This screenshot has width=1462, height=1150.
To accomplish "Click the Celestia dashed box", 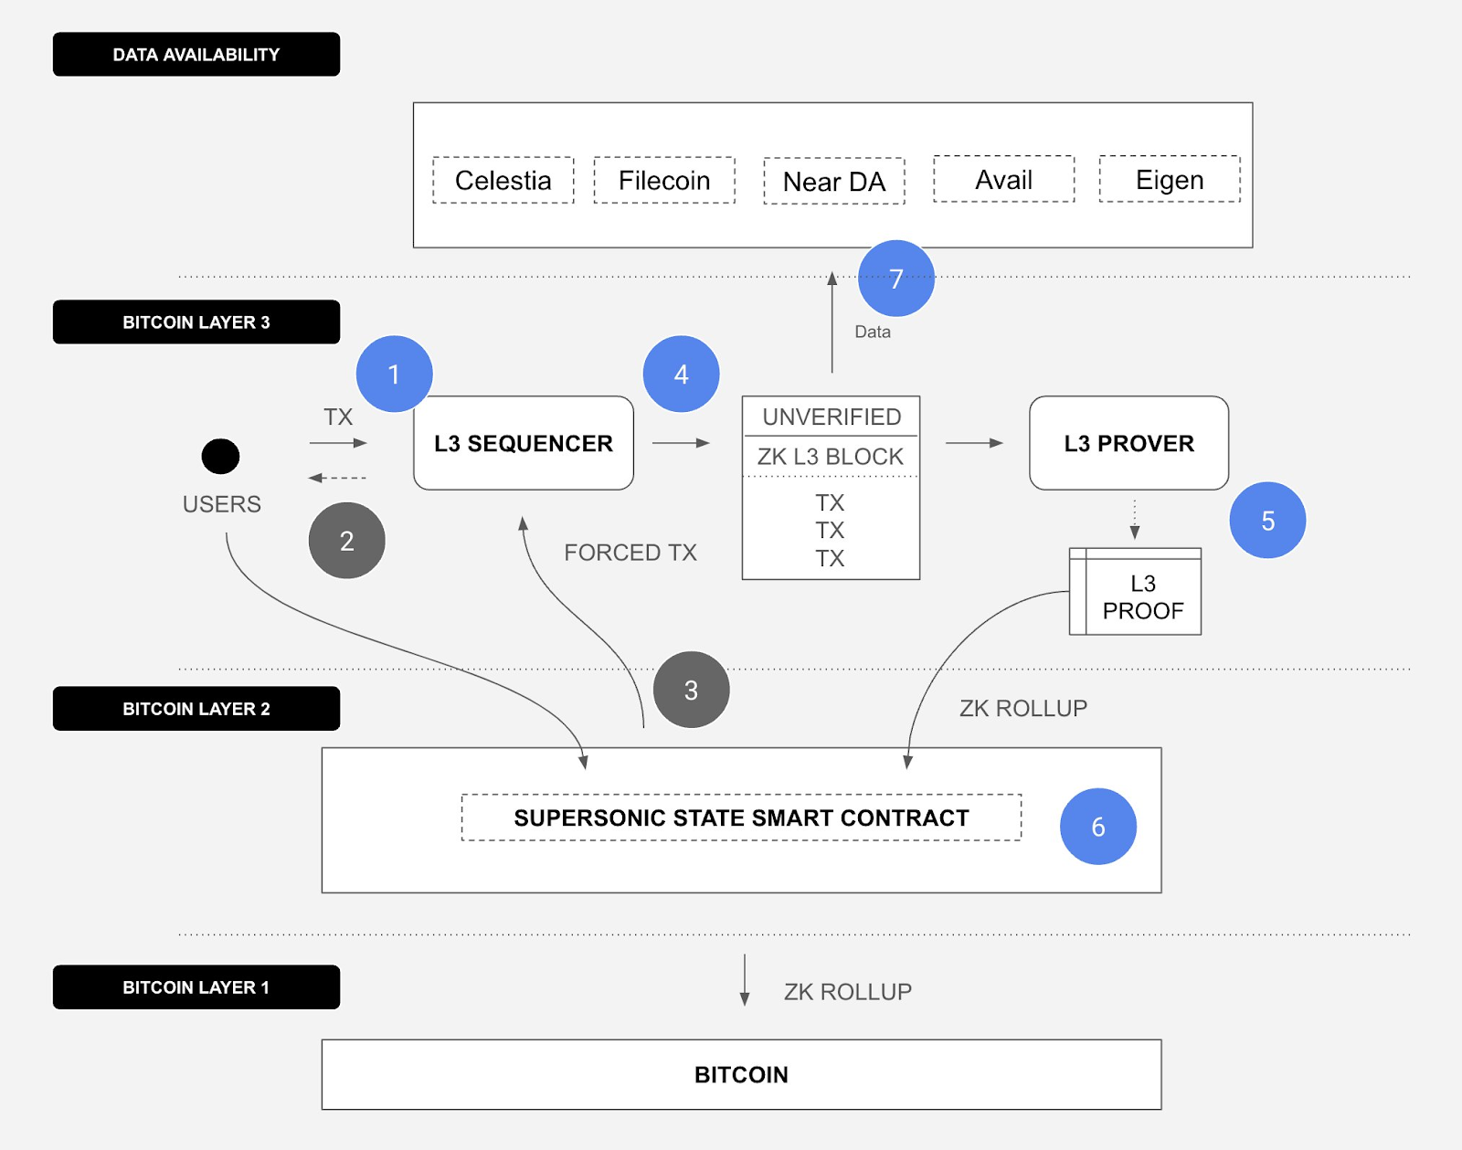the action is click(x=503, y=180).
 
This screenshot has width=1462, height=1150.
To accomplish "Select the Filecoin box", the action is click(x=664, y=180).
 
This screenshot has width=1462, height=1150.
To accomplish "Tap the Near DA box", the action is click(x=834, y=181).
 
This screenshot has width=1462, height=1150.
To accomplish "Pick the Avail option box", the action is click(x=1004, y=179).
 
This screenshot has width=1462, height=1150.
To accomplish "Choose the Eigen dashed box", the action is click(x=1170, y=179).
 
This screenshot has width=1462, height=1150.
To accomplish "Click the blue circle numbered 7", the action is click(x=896, y=279).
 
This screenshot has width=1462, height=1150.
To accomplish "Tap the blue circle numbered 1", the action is click(x=394, y=374).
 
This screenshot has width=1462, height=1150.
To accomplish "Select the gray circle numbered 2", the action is click(x=346, y=541).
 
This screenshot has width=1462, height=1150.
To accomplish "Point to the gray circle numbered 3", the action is click(x=691, y=691).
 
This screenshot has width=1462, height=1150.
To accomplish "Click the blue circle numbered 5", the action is click(x=1267, y=521).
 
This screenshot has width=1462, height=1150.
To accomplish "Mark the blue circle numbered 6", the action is click(x=1097, y=827).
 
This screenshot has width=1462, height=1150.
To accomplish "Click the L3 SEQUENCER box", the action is click(x=524, y=443).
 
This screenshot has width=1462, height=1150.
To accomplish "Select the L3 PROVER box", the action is click(x=1129, y=443).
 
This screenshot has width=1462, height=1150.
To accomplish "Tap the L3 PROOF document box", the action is click(x=1135, y=592).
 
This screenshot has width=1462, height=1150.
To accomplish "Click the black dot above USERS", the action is click(x=221, y=456).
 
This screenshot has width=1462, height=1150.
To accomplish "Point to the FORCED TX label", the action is click(x=630, y=553).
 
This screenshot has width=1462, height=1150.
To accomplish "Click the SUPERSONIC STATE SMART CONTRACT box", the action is click(x=741, y=818).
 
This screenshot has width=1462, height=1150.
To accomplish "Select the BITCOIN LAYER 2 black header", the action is click(x=196, y=709).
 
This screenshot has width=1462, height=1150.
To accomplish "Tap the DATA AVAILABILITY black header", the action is click(x=196, y=54).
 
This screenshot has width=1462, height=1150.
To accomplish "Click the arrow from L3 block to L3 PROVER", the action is click(x=974, y=443).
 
